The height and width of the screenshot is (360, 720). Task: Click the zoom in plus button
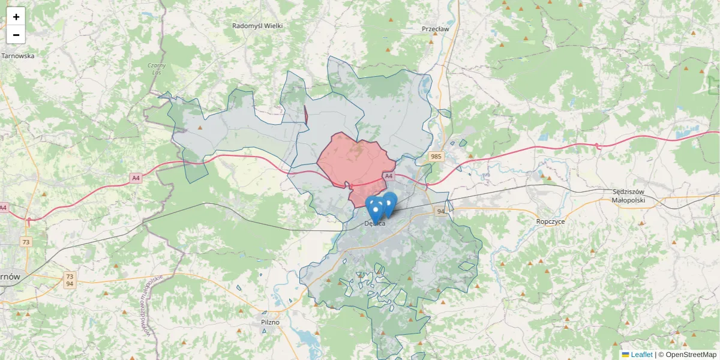tap(16, 17)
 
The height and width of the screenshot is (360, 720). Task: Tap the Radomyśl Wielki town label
tap(257, 26)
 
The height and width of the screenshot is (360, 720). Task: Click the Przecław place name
tap(435, 29)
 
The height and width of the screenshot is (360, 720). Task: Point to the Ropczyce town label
tap(551, 221)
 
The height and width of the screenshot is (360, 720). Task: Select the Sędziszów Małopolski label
tap(628, 196)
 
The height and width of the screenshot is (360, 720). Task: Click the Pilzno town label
tap(270, 322)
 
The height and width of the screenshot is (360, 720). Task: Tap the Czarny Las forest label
tap(157, 68)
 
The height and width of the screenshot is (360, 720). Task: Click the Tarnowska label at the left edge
tap(18, 56)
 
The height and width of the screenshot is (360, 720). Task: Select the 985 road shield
tap(436, 157)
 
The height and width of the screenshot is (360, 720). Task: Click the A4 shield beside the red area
tap(389, 176)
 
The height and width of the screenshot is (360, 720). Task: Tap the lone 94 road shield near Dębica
tap(441, 211)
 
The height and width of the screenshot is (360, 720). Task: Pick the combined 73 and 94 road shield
tap(70, 280)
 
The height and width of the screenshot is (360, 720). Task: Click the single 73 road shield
tap(26, 242)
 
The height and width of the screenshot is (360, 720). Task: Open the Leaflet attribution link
tap(641, 355)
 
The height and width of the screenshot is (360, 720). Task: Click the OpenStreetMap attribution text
tap(691, 355)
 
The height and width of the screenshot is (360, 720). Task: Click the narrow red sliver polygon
tap(306, 115)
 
